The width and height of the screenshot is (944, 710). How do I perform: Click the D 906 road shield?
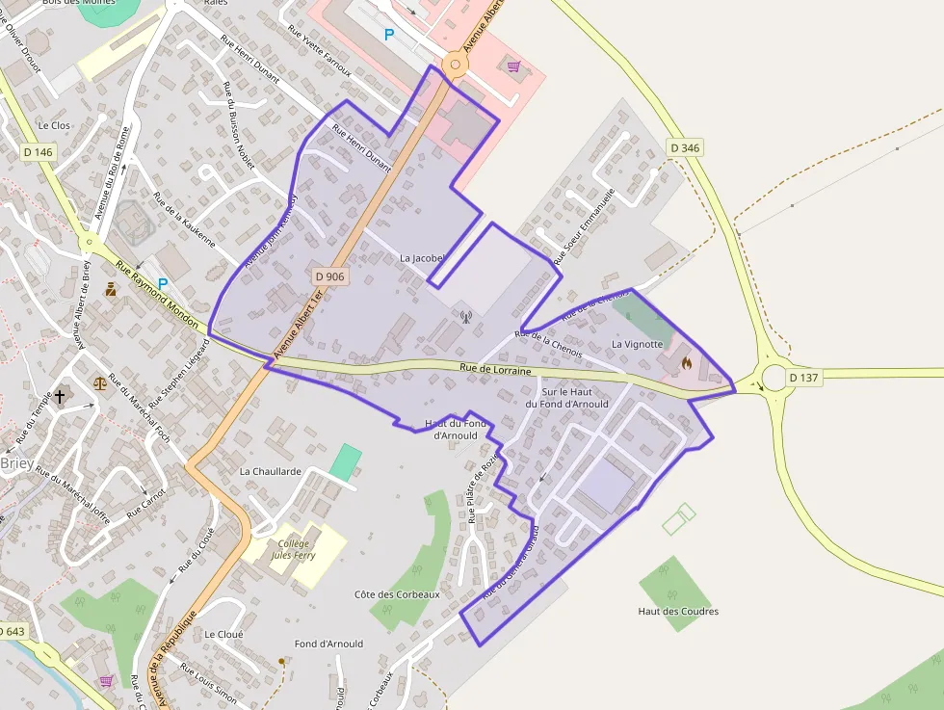tap(329, 276)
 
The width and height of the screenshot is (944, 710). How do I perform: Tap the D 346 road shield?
tap(684, 147)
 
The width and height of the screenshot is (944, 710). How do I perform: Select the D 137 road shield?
tap(802, 378)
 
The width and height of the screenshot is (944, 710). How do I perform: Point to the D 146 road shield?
tap(39, 152)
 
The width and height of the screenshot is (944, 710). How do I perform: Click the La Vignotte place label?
tap(638, 344)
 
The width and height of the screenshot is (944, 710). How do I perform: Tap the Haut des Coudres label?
tap(678, 611)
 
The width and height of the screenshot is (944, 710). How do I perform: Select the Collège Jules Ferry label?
tap(293, 549)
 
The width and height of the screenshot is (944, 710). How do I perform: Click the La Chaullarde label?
tap(271, 472)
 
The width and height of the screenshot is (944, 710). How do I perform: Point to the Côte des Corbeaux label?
tap(397, 594)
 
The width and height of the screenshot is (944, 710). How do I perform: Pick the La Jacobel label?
tap(425, 258)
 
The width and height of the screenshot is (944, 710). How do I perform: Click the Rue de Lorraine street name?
tap(495, 369)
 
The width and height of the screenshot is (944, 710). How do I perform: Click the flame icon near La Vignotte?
tap(686, 363)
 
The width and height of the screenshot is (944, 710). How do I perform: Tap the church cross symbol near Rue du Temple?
tap(61, 396)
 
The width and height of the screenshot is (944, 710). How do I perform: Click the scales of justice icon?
tap(100, 382)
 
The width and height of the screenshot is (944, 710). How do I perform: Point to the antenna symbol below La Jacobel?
tap(465, 315)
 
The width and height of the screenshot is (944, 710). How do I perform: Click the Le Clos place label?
tap(54, 125)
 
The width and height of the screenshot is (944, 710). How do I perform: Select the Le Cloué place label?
tap(223, 635)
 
